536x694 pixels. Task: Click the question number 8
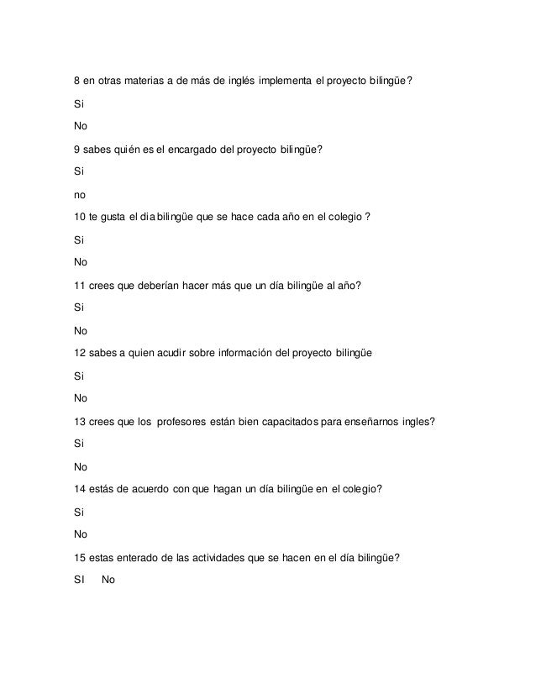click(x=77, y=81)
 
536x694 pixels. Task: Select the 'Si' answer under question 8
click(x=78, y=104)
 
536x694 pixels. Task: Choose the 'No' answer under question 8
click(x=81, y=127)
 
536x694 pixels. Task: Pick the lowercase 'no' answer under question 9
click(x=80, y=194)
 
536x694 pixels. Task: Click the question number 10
click(x=80, y=217)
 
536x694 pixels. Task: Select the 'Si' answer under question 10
click(x=78, y=239)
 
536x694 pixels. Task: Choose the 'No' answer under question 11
click(x=81, y=330)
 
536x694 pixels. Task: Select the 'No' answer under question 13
click(x=81, y=466)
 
